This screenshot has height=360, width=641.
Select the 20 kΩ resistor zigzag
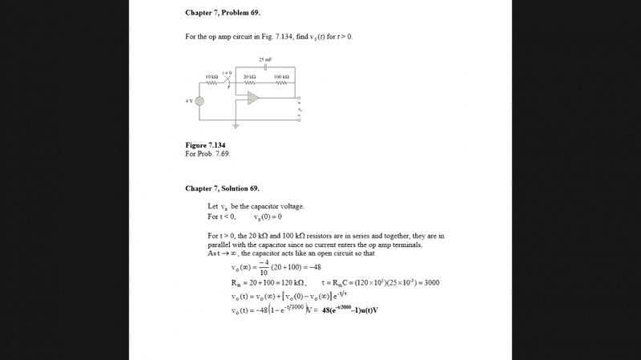click(249, 83)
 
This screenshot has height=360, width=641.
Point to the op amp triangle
click(253, 98)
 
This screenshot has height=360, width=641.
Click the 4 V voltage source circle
click(200, 101)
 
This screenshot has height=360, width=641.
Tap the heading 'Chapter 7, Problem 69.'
click(223, 14)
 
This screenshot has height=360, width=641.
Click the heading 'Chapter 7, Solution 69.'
click(223, 188)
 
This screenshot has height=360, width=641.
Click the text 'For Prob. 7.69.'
click(208, 153)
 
